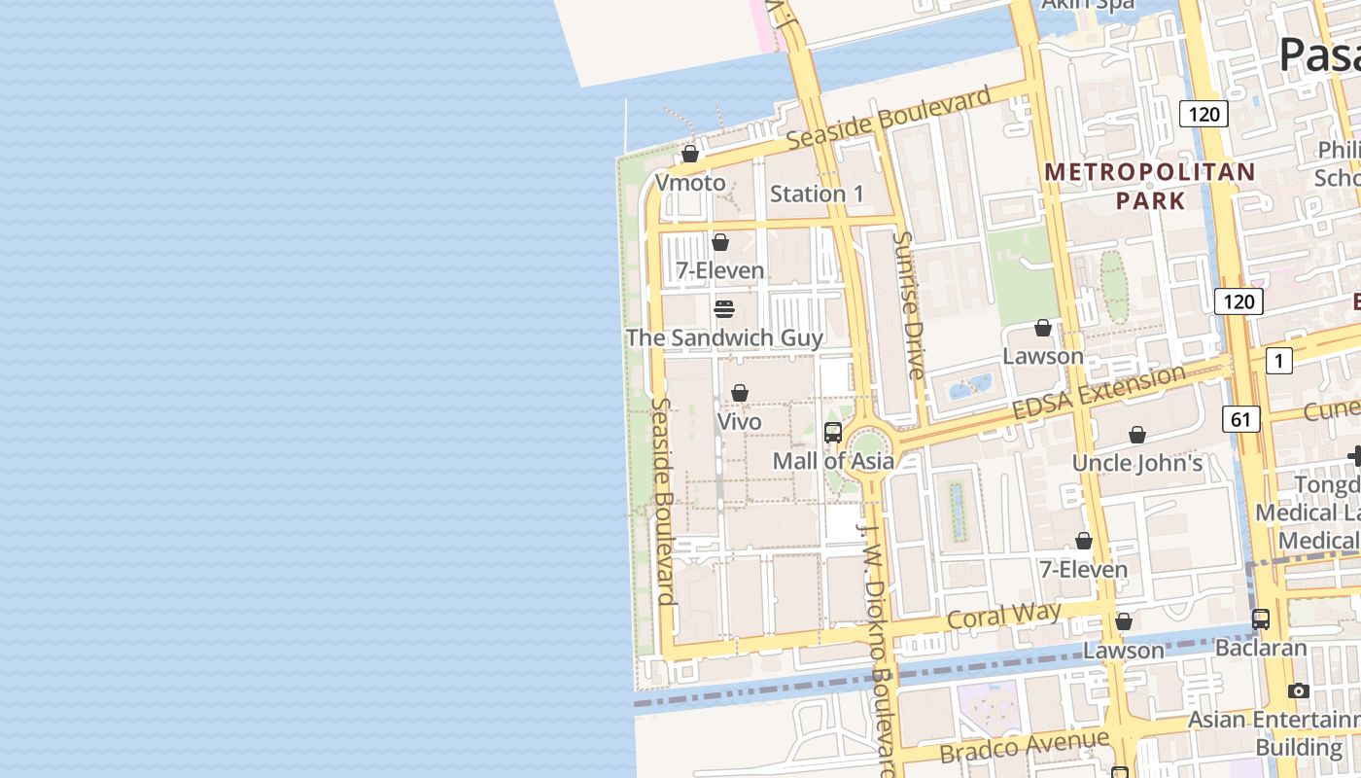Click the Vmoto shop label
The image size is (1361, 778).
point(690,183)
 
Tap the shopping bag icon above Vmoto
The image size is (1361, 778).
point(690,154)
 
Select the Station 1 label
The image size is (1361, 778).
point(817,194)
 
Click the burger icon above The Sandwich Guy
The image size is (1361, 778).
point(723,309)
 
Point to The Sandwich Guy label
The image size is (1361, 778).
point(724,337)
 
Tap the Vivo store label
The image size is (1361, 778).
point(739,422)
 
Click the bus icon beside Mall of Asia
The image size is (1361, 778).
point(833,433)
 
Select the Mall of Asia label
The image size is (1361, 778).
point(833,461)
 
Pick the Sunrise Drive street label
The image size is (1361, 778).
point(910,304)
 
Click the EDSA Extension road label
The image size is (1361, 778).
point(1099,392)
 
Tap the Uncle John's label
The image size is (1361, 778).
point(1137,463)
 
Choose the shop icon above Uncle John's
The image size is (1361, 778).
point(1137,435)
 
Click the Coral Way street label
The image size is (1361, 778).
point(1003,616)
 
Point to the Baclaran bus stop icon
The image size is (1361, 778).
point(1261,619)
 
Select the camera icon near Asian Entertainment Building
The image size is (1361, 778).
point(1299,690)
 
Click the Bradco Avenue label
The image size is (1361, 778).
point(1024,746)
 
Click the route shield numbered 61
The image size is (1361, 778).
point(1240,419)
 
